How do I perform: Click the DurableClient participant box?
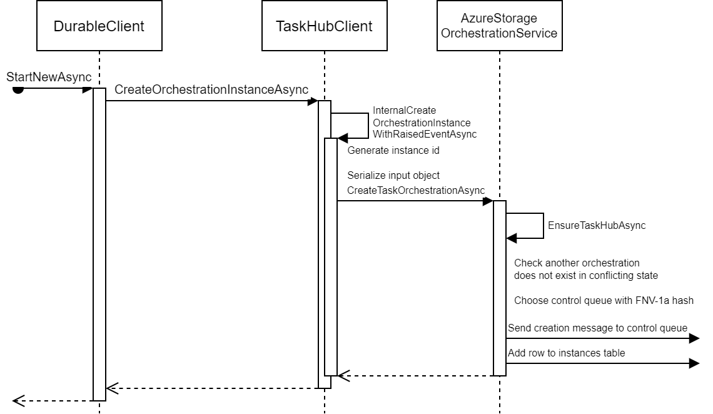pos(99,26)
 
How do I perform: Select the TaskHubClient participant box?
pos(324,26)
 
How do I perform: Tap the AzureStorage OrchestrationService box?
pos(499,26)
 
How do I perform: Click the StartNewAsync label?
pos(49,77)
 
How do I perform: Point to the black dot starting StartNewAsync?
pos(18,89)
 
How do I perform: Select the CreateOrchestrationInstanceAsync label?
pos(211,90)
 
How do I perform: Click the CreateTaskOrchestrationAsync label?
pos(416,189)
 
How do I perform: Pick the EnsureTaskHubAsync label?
pos(596,226)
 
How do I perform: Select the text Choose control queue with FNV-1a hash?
pos(604,301)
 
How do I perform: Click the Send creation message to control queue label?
pos(597,328)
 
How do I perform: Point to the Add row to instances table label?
pos(566,353)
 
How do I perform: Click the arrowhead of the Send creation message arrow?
pos(694,338)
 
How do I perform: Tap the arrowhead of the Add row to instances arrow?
pos(694,363)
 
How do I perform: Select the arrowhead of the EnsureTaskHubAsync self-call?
pos(512,238)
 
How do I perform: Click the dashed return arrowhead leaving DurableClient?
pos(18,400)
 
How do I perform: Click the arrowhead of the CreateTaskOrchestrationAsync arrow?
pos(487,201)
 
